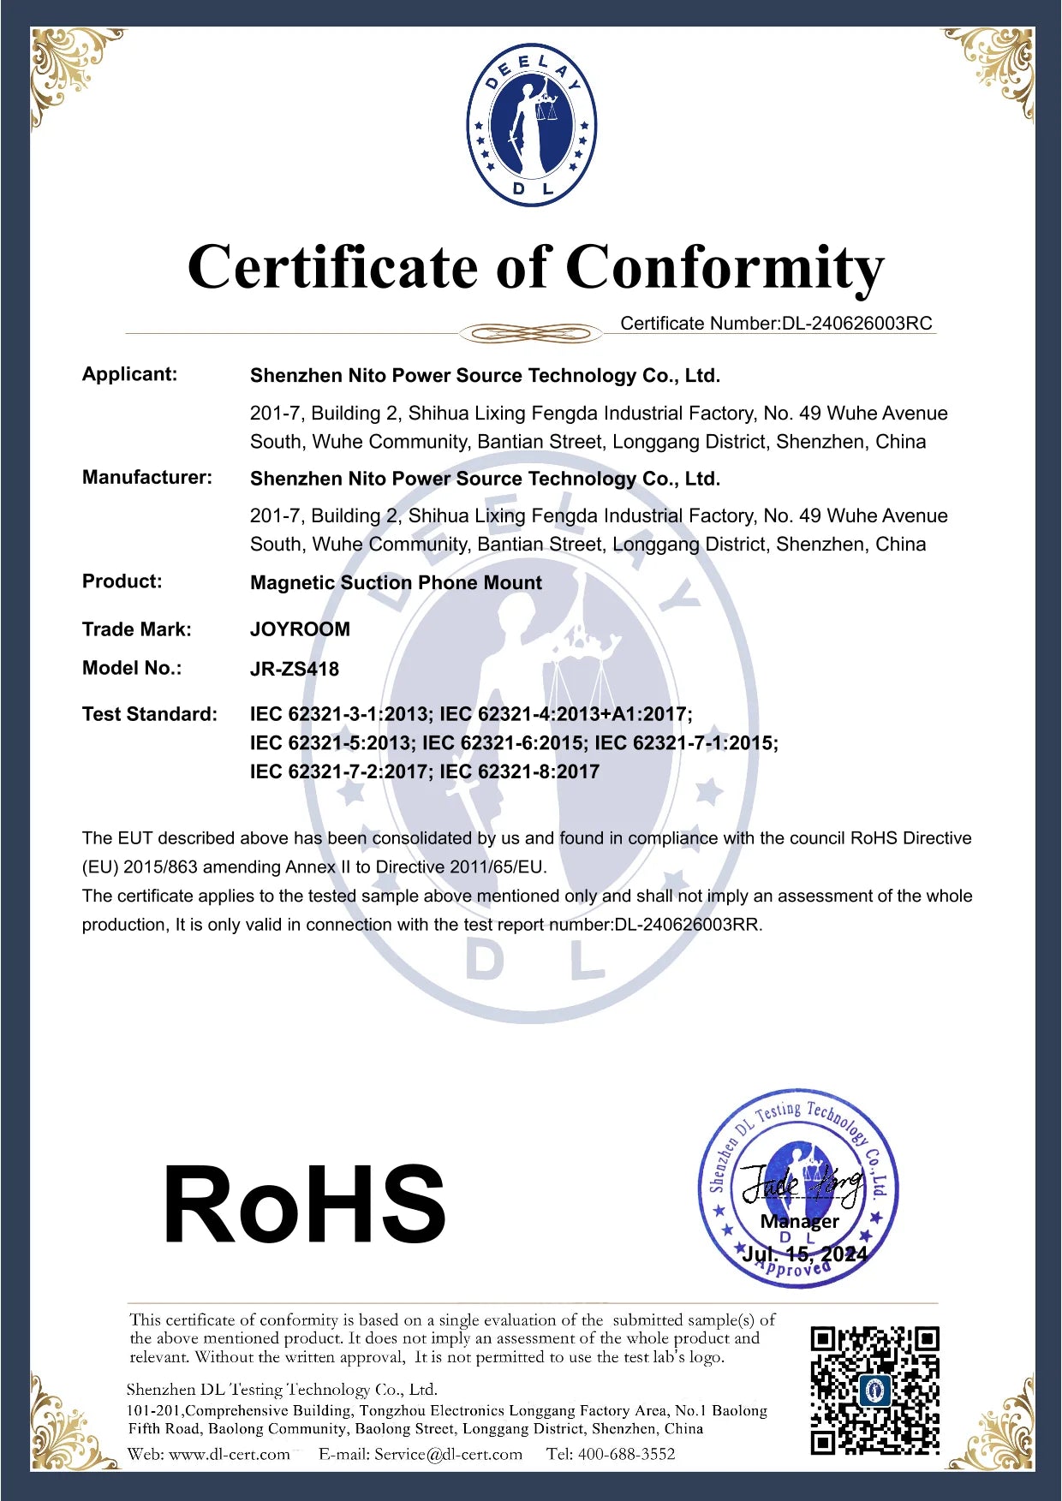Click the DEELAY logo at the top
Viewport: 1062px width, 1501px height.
pos(531,126)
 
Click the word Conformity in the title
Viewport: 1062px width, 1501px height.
pos(724,267)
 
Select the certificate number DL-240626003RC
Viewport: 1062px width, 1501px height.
pos(856,324)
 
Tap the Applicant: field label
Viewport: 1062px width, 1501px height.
pos(129,374)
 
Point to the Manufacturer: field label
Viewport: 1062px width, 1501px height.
pos(146,477)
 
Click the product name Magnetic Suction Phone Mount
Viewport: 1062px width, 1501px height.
pos(396,583)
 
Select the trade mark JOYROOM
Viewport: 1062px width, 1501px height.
pos(300,629)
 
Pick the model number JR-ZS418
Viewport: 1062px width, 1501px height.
pos(295,669)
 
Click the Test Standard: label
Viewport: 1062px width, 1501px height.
pos(150,714)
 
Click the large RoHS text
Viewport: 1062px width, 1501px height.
pos(304,1205)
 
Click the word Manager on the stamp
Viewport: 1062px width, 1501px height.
pos(800,1221)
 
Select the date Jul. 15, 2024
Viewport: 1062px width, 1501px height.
pos(804,1254)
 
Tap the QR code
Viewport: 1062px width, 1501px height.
pos(874,1390)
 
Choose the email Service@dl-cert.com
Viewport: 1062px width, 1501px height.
pos(448,1454)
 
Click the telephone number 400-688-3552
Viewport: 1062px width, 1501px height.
pos(626,1454)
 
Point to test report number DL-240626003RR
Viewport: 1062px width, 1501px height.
pos(688,925)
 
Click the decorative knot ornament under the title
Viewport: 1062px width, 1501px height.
pos(530,333)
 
